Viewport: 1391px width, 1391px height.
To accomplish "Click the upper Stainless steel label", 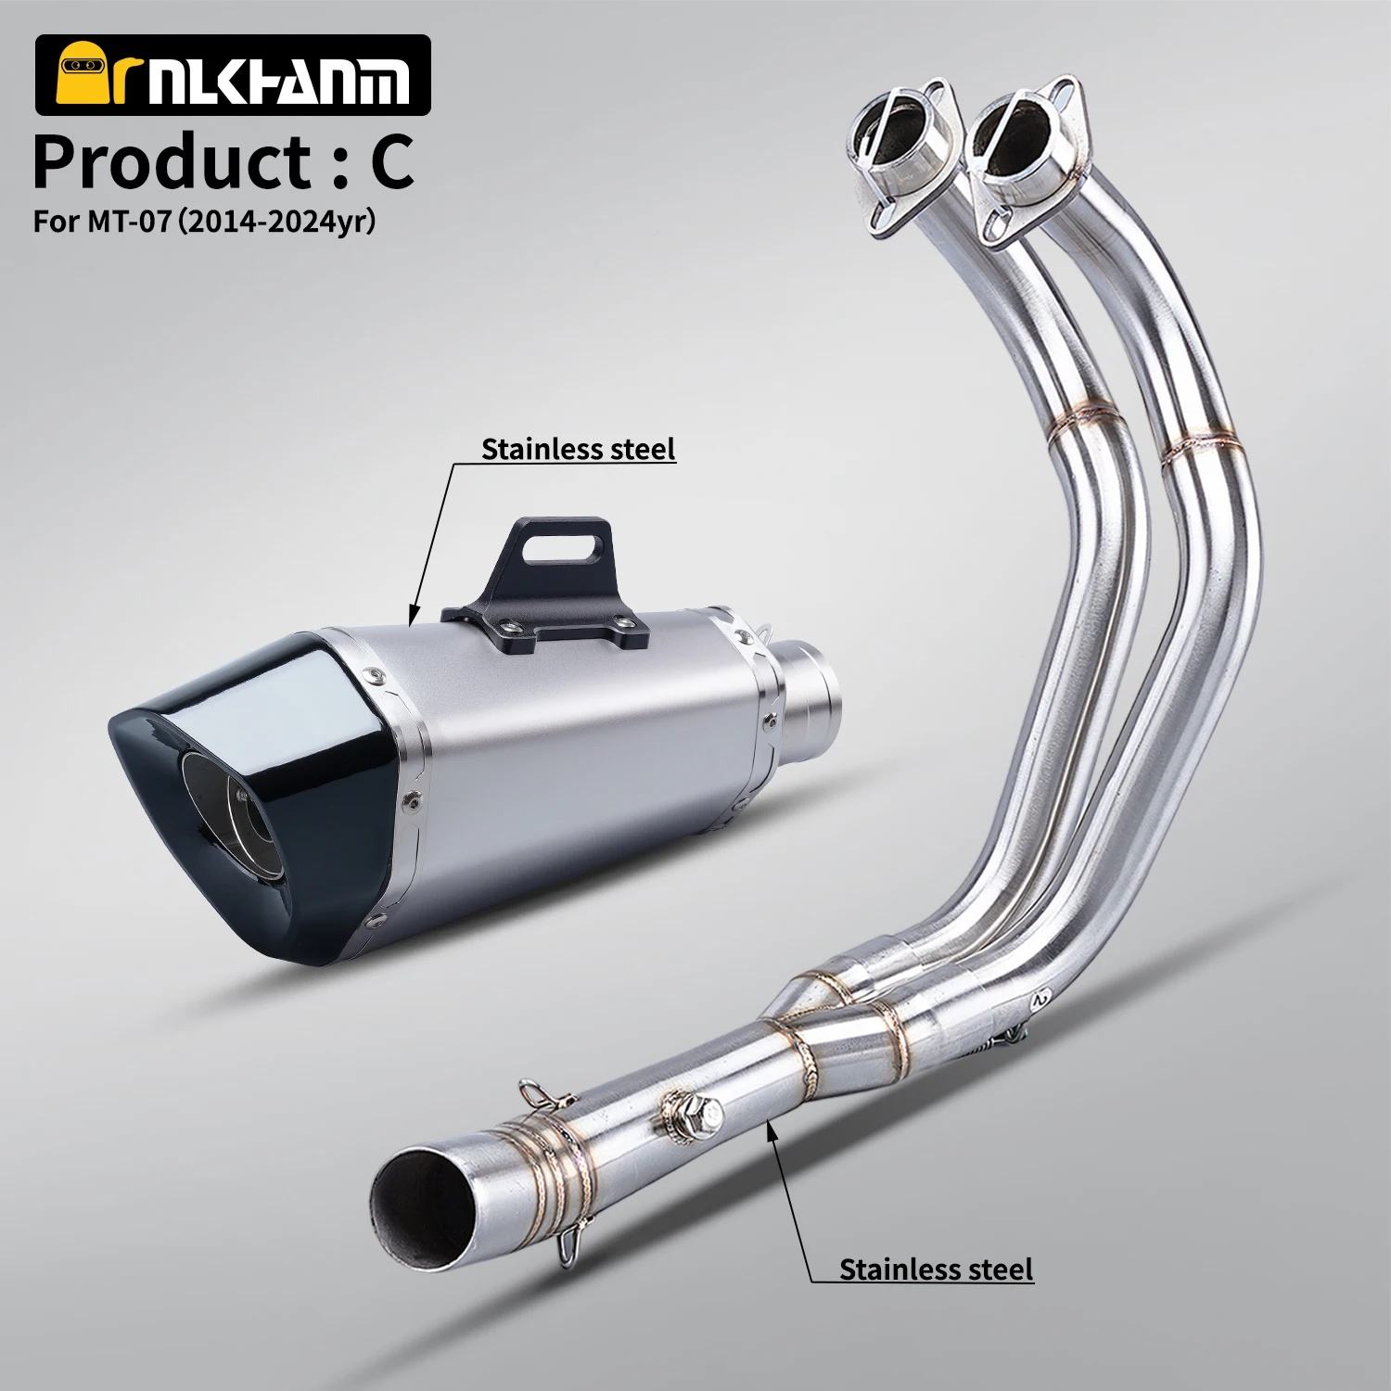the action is pos(578,449).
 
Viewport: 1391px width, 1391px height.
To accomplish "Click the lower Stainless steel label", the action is pos(936,1268).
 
